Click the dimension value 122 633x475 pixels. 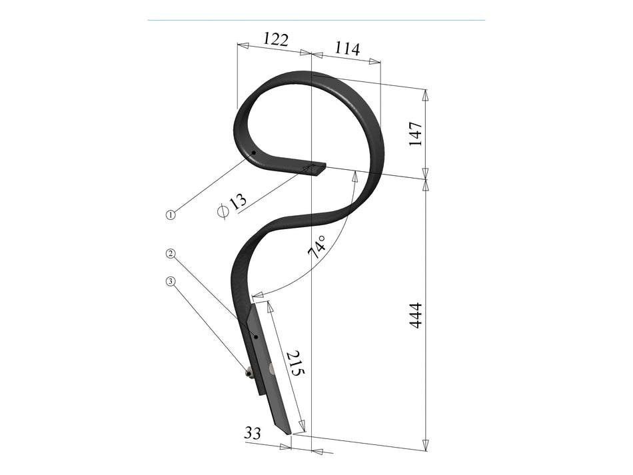tap(276, 39)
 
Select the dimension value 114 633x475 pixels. tap(347, 49)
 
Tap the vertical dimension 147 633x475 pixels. tap(416, 134)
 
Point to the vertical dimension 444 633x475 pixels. tap(415, 315)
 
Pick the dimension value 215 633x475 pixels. tap(295, 363)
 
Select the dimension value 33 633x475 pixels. tap(252, 433)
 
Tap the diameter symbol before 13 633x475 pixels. tap(223, 211)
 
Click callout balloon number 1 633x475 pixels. tap(171, 215)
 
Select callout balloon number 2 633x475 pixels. tap(171, 253)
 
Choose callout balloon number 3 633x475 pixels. tap(171, 281)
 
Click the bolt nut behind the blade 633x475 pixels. tap(249, 373)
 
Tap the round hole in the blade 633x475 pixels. tap(272, 368)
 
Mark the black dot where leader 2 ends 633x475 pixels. tap(256, 337)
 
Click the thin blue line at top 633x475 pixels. tap(316, 20)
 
